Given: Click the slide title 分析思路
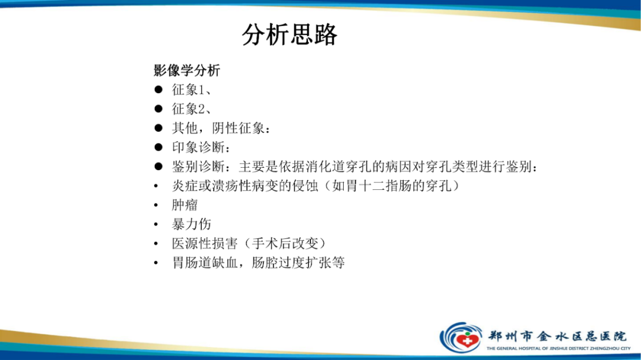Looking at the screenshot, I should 290,36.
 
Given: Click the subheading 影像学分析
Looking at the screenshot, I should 187,71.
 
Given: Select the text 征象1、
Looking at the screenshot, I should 192,90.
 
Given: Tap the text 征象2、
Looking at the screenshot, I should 192,109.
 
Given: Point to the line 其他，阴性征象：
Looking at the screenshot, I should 222,128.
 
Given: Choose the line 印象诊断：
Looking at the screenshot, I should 202,147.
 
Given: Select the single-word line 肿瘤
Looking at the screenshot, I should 185,205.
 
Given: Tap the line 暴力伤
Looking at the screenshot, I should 191,224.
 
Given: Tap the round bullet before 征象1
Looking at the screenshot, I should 158,90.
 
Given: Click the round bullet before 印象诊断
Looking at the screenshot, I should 158,147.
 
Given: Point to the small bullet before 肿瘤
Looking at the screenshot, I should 156,205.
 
